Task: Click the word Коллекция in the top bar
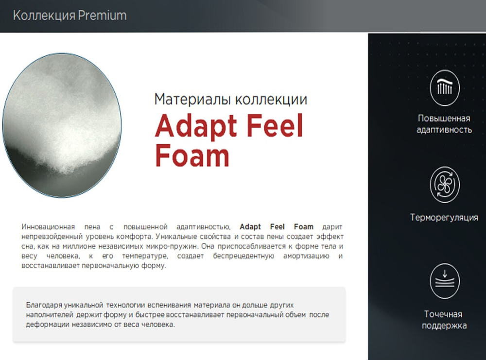(44, 16)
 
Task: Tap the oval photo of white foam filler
(62, 125)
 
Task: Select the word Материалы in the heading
(192, 100)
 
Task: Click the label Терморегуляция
(444, 218)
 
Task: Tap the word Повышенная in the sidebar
(444, 119)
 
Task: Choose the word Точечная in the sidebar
(443, 314)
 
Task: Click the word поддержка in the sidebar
(444, 326)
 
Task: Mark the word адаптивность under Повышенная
(444, 130)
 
